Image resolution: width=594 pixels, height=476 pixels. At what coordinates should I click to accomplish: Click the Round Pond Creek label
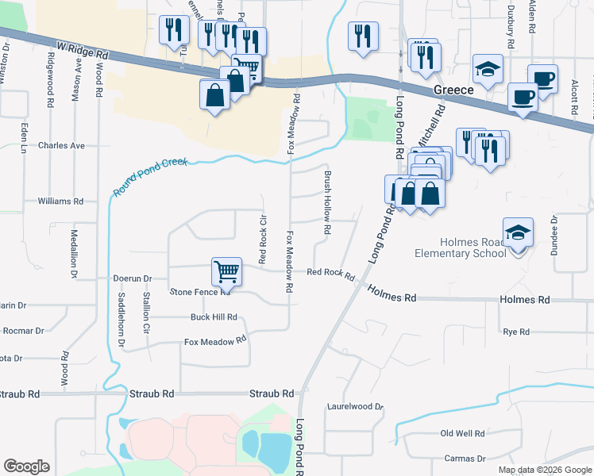(x=151, y=177)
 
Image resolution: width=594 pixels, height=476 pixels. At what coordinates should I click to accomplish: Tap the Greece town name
(x=454, y=90)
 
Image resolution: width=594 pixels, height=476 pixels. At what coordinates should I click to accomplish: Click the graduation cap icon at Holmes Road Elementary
(x=518, y=232)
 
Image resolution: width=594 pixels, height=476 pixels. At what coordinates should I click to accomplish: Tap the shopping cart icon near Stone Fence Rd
(x=226, y=271)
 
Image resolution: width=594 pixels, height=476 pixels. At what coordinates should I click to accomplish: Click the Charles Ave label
(x=61, y=146)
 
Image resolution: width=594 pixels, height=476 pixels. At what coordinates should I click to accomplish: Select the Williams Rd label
(x=60, y=202)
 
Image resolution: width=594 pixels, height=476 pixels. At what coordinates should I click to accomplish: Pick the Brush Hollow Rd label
(x=326, y=203)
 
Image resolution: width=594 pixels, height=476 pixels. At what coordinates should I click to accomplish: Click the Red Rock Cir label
(x=262, y=238)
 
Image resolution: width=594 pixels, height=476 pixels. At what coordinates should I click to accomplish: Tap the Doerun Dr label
(x=132, y=278)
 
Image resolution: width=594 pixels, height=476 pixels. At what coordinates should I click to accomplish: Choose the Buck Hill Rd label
(x=214, y=317)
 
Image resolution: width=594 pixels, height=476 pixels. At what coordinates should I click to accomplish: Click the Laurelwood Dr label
(x=356, y=407)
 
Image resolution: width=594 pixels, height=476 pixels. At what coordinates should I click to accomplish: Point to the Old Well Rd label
(x=463, y=434)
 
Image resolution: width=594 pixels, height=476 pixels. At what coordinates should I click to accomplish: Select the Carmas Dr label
(x=465, y=459)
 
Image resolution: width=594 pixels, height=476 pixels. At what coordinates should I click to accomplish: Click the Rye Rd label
(x=516, y=332)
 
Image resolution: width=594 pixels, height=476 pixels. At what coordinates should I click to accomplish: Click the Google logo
(x=26, y=466)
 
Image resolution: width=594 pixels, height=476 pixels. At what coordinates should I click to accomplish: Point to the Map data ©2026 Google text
(x=544, y=470)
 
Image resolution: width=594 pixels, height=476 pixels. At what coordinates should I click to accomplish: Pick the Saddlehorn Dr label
(x=121, y=321)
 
